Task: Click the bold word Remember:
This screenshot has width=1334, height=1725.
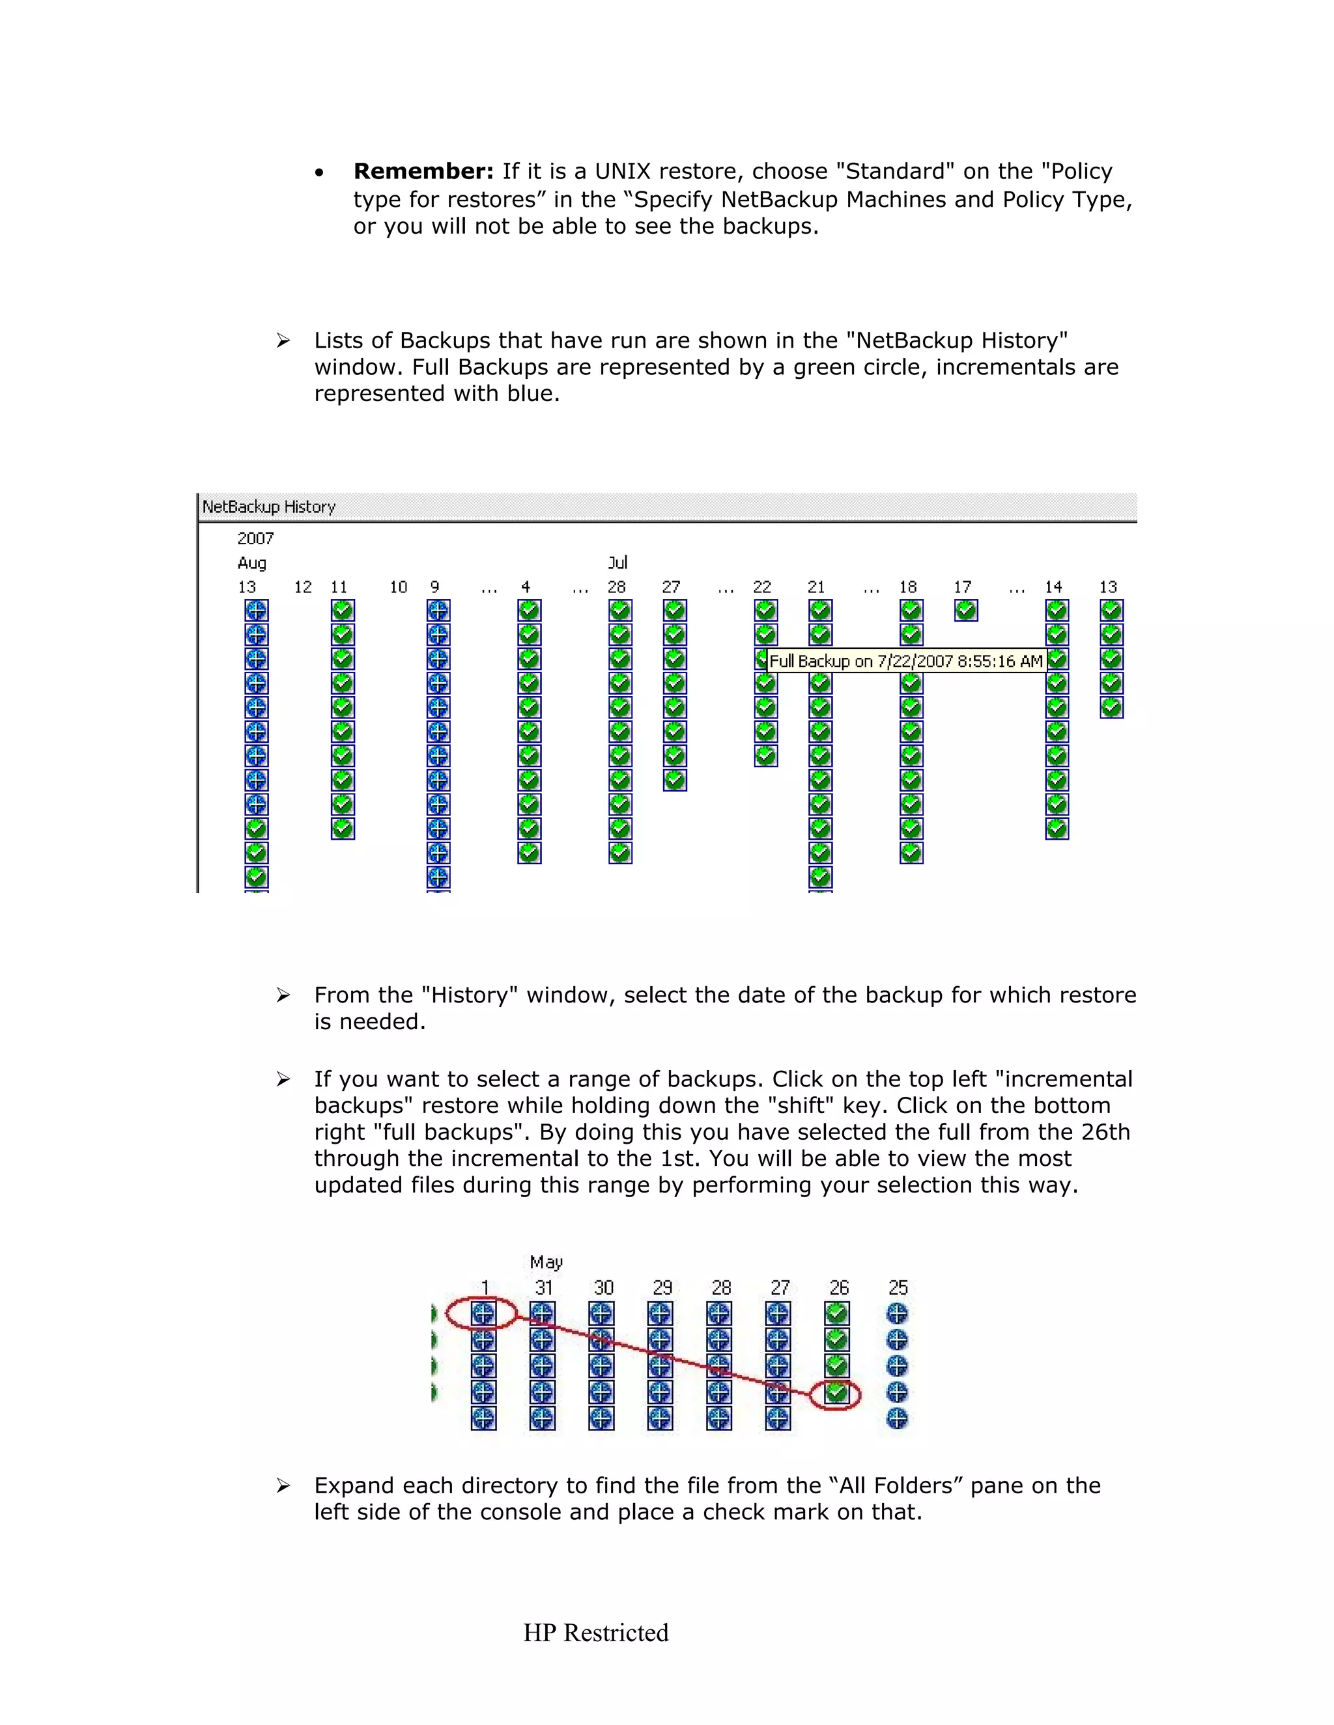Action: [x=423, y=171]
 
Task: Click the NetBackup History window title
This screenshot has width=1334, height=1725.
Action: [x=269, y=507]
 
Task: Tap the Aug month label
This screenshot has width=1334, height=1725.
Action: [x=252, y=563]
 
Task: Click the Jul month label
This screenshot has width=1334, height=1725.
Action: [x=617, y=562]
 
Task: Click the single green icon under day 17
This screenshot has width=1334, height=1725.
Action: [x=966, y=611]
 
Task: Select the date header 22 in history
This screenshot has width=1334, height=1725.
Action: [x=762, y=587]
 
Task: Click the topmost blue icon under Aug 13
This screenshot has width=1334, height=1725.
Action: [x=256, y=611]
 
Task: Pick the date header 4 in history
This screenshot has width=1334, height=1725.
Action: [x=526, y=587]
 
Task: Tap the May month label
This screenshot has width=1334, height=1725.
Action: [x=546, y=1262]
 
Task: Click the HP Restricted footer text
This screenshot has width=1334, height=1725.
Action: [x=596, y=1633]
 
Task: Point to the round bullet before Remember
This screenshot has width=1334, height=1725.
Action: [x=319, y=173]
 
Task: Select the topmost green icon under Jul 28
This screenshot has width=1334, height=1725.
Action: [x=620, y=611]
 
